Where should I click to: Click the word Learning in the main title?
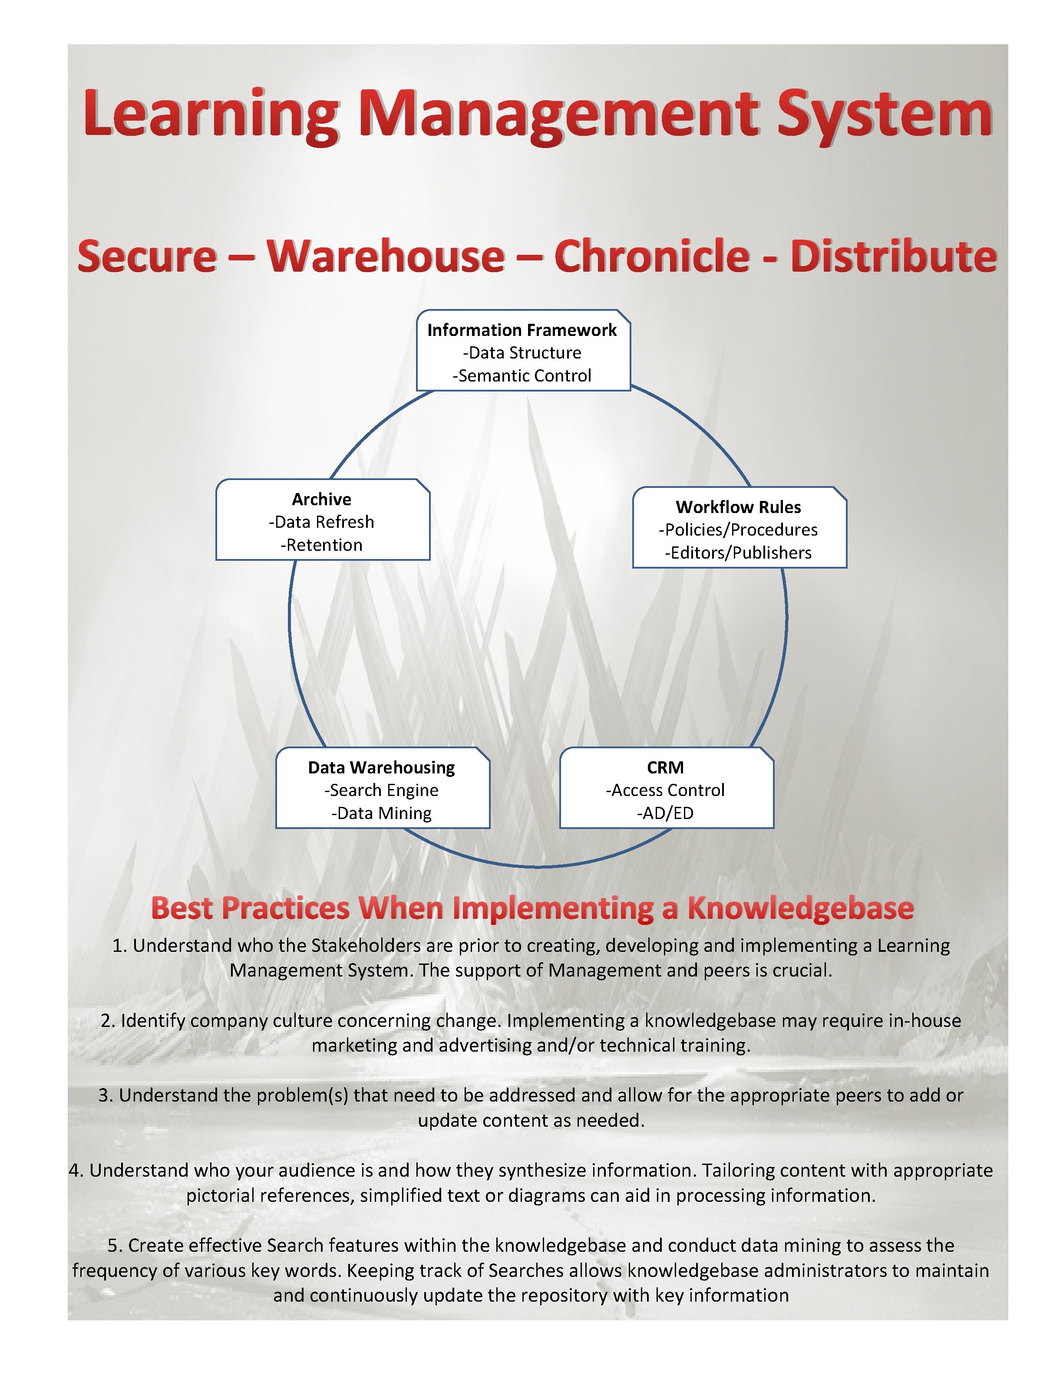(211, 115)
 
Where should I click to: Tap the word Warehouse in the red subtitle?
(386, 257)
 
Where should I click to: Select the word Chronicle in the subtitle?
(652, 257)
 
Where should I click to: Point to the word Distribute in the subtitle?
(894, 257)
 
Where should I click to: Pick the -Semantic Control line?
(522, 376)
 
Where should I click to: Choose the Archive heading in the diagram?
(321, 499)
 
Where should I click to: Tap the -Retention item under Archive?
(321, 545)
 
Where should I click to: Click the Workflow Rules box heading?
(738, 507)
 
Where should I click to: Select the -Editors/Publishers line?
(738, 553)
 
